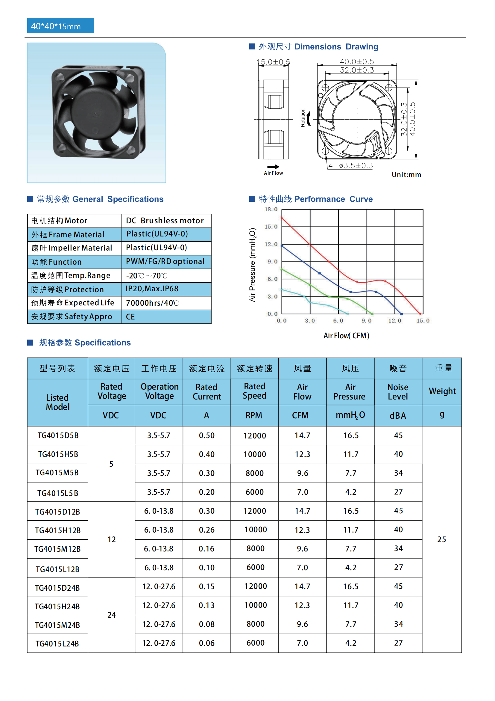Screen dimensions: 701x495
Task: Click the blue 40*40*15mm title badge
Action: pyautogui.click(x=60, y=26)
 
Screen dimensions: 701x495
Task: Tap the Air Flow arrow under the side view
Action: pyautogui.click(x=273, y=167)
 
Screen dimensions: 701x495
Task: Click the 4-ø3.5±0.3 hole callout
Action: pyautogui.click(x=350, y=166)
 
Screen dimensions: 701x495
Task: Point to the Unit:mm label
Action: pyautogui.click(x=406, y=175)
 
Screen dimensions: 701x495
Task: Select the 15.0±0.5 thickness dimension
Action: pyautogui.click(x=274, y=62)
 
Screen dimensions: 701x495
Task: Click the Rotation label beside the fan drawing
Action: pyautogui.click(x=303, y=117)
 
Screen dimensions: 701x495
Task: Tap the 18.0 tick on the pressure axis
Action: pyautogui.click(x=271, y=209)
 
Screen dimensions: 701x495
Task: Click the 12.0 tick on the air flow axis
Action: pyautogui.click(x=395, y=321)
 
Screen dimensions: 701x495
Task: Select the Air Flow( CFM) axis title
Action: pyautogui.click(x=346, y=336)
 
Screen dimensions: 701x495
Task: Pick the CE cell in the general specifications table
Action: pyautogui.click(x=130, y=317)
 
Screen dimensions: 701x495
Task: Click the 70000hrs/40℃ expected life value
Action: pyautogui.click(x=152, y=303)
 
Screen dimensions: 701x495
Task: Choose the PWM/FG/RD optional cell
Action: pyautogui.click(x=165, y=262)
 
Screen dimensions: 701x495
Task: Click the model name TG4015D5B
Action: pyautogui.click(x=58, y=436)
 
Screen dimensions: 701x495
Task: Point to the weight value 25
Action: pyautogui.click(x=441, y=539)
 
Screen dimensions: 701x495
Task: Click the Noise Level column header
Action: pyautogui.click(x=398, y=392)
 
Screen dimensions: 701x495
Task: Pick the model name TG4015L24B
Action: pyautogui.click(x=57, y=644)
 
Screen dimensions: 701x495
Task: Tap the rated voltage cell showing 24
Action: pyautogui.click(x=112, y=615)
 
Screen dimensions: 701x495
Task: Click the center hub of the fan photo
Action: pyautogui.click(x=95, y=114)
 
